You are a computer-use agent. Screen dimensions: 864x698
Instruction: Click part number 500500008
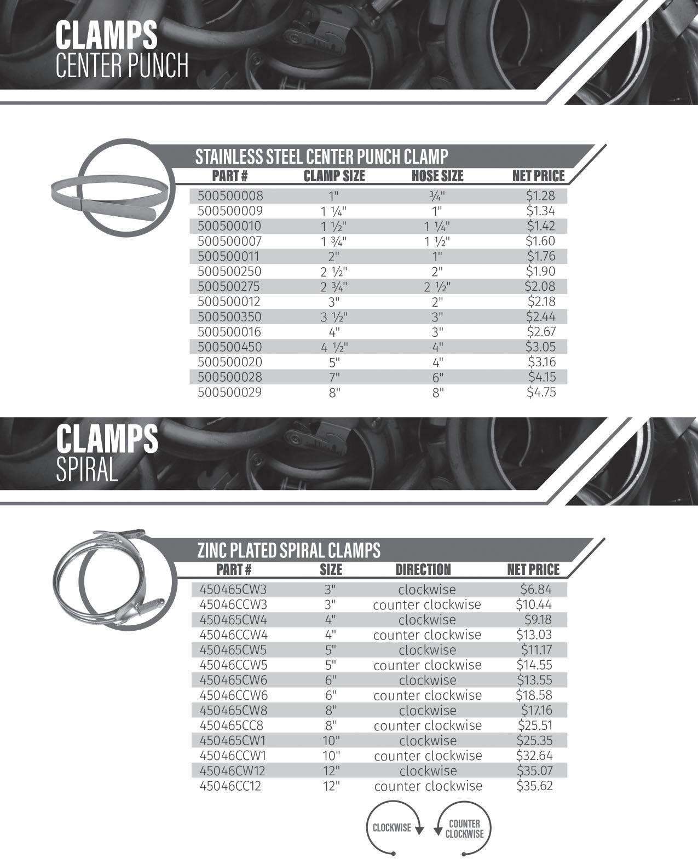pos(230,195)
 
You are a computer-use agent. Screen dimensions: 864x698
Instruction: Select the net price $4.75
pos(541,392)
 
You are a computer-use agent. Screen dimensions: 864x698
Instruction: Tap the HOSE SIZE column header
pos(437,176)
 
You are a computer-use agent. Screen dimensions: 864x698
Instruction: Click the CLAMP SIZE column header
pos(334,176)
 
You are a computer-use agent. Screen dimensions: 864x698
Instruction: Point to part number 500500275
pos(230,286)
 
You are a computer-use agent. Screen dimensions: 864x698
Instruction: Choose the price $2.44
pos(540,316)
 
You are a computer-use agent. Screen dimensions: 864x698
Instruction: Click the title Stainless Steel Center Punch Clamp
pos(321,157)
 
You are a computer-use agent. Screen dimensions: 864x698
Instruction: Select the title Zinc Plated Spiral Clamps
pos(289,550)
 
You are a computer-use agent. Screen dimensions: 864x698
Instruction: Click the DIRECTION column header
pos(423,569)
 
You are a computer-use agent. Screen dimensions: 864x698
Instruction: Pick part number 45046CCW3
pos(233,605)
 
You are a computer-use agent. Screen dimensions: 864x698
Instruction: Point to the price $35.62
pos(534,786)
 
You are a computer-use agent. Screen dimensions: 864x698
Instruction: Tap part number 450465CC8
pos(232,726)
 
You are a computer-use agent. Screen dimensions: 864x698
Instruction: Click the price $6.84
pos(536,590)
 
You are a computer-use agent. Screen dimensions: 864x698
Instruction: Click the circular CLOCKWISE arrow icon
pos(394,827)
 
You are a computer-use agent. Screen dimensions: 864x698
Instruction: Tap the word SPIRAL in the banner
pos(87,470)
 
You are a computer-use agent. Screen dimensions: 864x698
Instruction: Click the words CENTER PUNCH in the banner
pos(122,66)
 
